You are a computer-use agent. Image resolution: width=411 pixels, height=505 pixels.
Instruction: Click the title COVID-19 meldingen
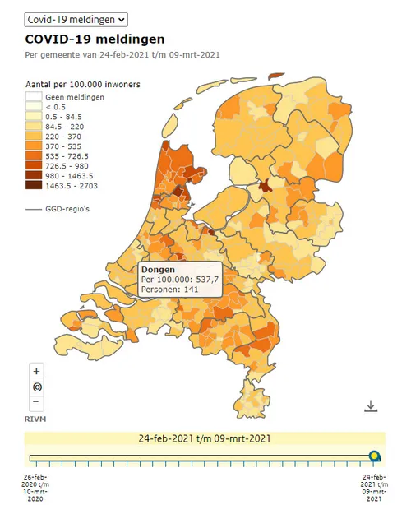click(x=95, y=39)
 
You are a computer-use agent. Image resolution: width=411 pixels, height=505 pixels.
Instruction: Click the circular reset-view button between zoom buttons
click(x=37, y=387)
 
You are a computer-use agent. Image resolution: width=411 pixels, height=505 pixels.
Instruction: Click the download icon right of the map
click(x=370, y=405)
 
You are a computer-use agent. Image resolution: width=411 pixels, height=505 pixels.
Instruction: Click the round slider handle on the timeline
click(x=375, y=456)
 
